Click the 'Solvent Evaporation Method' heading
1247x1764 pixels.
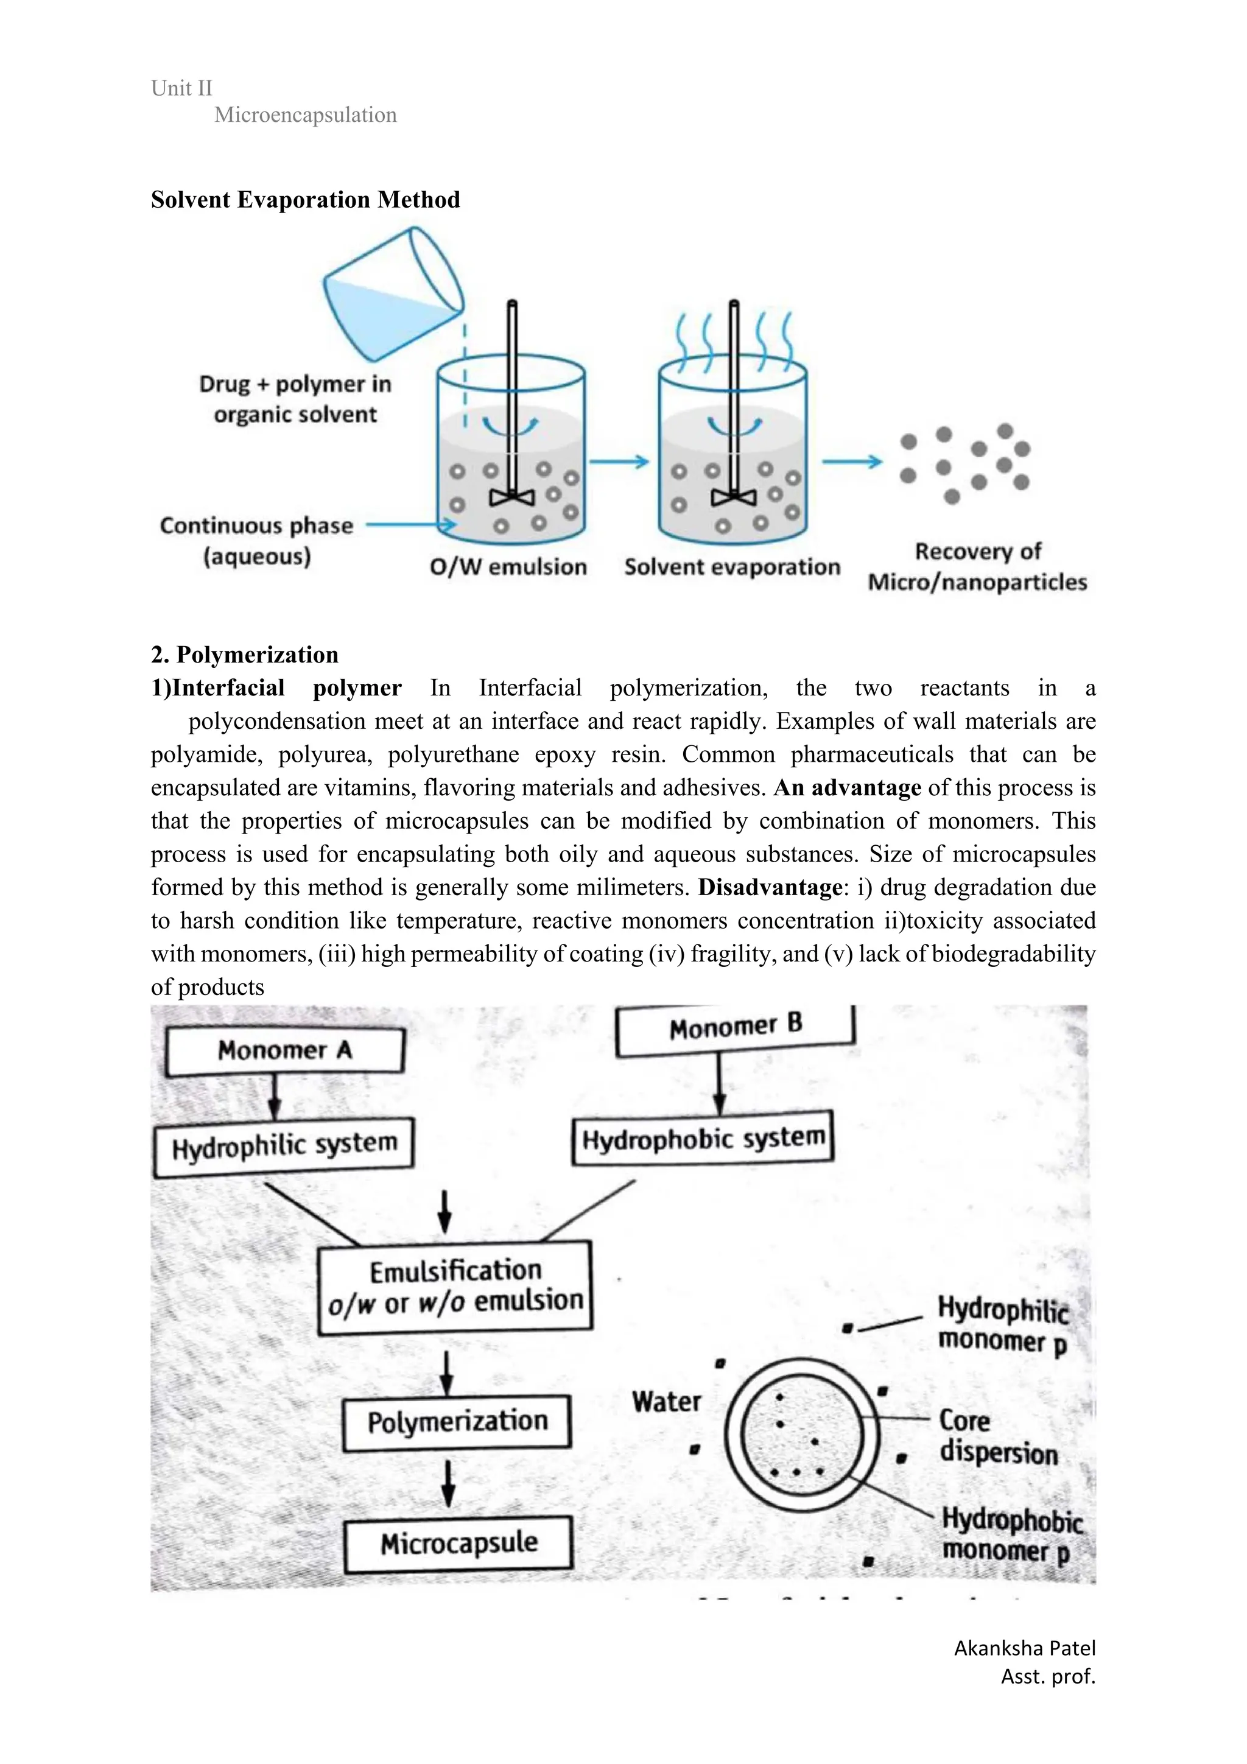(x=305, y=200)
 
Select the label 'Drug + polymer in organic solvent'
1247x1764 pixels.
(x=295, y=399)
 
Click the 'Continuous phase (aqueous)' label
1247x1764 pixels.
(x=256, y=540)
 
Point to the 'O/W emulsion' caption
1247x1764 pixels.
(x=508, y=567)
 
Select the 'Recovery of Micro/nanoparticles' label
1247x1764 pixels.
(x=977, y=566)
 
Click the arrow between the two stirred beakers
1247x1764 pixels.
(x=619, y=462)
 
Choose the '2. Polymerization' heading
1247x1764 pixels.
(x=244, y=655)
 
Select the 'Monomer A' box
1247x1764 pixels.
(x=284, y=1050)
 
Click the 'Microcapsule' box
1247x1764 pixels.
(x=458, y=1543)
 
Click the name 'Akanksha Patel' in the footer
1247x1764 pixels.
(x=1024, y=1648)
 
